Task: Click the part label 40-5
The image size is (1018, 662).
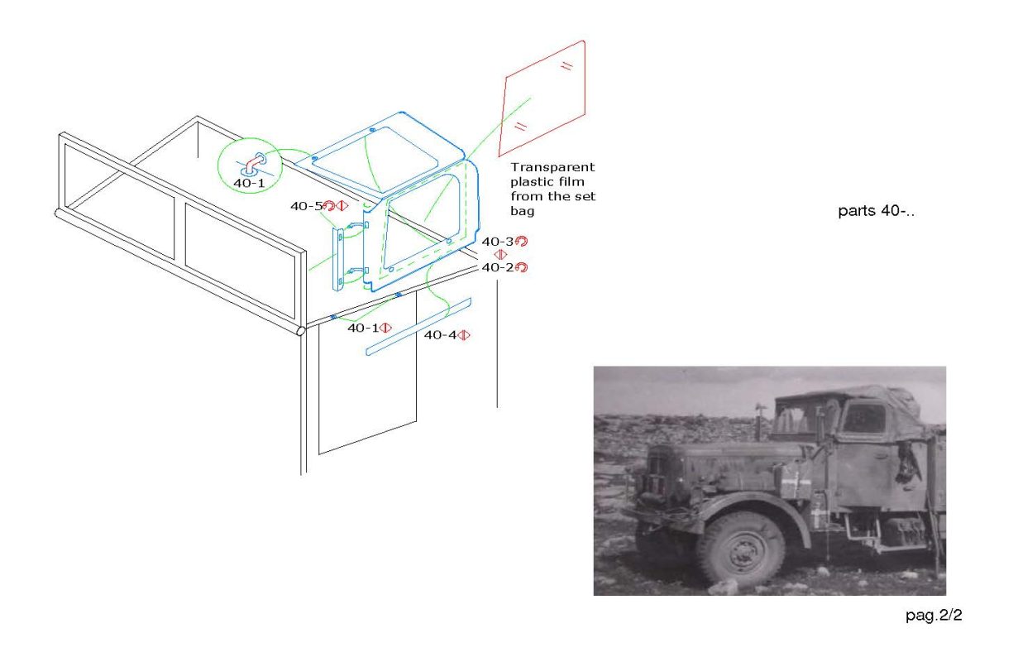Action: (x=306, y=206)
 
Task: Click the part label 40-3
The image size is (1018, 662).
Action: (x=498, y=242)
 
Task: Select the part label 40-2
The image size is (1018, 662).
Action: (x=498, y=267)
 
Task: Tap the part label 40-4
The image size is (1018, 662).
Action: (x=440, y=335)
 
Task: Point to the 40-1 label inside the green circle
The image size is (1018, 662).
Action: (x=249, y=183)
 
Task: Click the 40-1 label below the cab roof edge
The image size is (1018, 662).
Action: (x=363, y=328)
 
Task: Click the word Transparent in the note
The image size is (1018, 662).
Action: (x=552, y=167)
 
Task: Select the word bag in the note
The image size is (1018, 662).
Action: (x=522, y=211)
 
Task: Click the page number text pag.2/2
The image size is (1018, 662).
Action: (x=934, y=616)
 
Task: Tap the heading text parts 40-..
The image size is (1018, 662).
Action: (x=876, y=210)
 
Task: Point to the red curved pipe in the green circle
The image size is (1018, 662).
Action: (x=254, y=164)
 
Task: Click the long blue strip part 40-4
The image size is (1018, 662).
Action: (x=418, y=327)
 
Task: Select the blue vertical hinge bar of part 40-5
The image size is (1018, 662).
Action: (x=337, y=259)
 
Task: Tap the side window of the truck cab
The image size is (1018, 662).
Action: (x=863, y=417)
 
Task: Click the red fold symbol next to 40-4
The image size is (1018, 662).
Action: (x=464, y=335)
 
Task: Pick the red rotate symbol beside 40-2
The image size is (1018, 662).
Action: (x=521, y=267)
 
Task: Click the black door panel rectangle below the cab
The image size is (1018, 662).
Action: (x=367, y=373)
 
